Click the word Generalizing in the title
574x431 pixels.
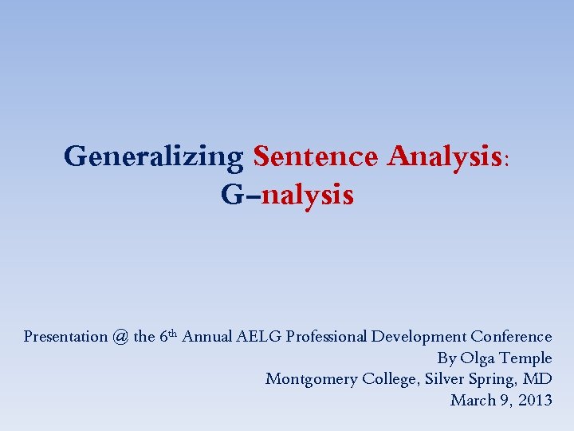click(x=154, y=156)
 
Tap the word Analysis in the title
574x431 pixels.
click(x=445, y=156)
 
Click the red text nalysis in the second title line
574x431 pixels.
click(x=307, y=194)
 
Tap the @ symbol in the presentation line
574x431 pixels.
click(x=120, y=337)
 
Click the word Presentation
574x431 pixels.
click(x=65, y=337)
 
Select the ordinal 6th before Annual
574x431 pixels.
click(x=167, y=336)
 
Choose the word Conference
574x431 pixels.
click(x=511, y=337)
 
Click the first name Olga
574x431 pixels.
click(x=478, y=358)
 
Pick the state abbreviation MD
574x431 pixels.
click(x=539, y=379)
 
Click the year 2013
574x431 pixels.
click(x=534, y=400)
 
